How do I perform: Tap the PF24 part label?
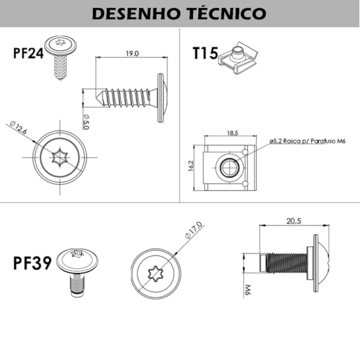(x=28, y=54)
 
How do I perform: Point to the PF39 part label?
(x=32, y=263)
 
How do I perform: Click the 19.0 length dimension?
(x=132, y=53)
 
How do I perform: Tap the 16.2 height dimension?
(x=191, y=166)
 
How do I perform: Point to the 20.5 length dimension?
(x=293, y=221)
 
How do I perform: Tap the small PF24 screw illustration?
(x=60, y=57)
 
